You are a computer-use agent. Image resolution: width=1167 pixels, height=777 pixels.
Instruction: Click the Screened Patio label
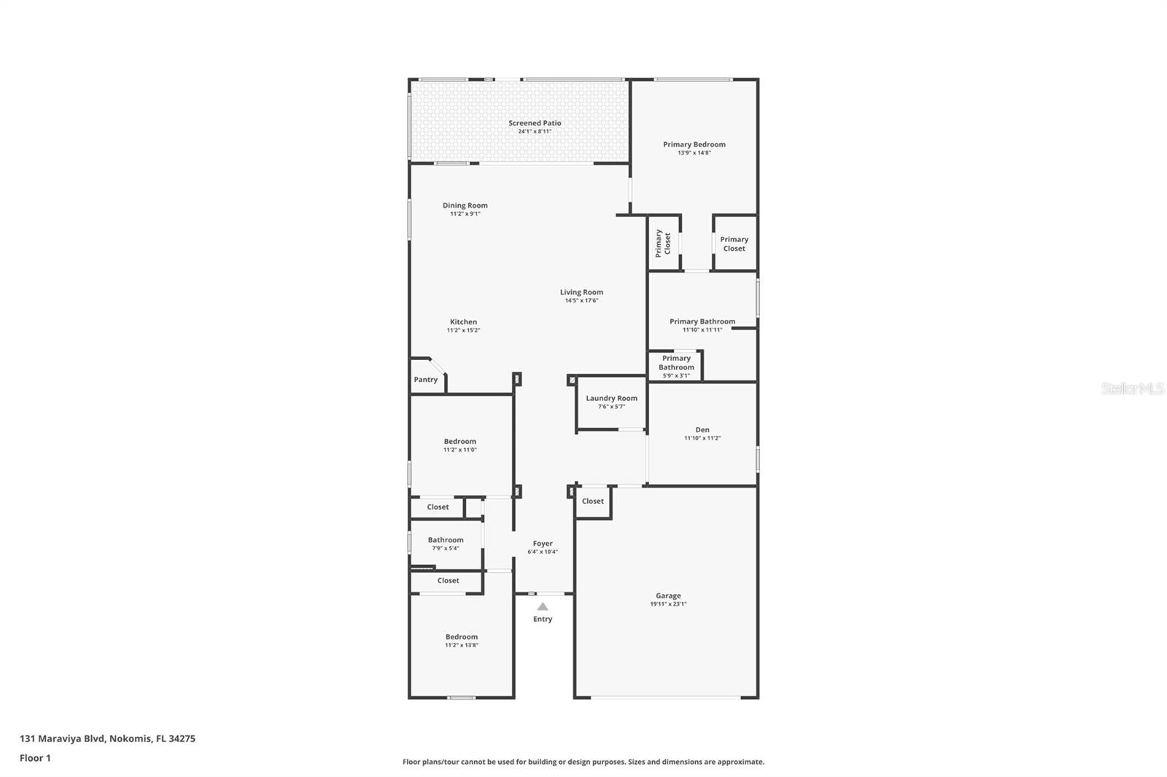pyautogui.click(x=535, y=123)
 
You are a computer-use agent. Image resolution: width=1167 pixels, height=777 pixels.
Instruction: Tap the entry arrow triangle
pyautogui.click(x=543, y=606)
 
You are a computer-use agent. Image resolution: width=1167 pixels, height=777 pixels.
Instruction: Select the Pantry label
pyautogui.click(x=426, y=380)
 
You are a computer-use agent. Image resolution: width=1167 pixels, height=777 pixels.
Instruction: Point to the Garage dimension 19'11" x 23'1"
pyautogui.click(x=668, y=604)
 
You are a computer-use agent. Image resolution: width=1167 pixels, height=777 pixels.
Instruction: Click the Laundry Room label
pyautogui.click(x=611, y=398)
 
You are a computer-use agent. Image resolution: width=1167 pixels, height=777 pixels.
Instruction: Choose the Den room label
pyautogui.click(x=702, y=430)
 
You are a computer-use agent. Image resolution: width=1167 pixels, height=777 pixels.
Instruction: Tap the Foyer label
pyautogui.click(x=543, y=544)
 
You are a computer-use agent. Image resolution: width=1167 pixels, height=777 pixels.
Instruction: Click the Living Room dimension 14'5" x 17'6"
pyautogui.click(x=581, y=300)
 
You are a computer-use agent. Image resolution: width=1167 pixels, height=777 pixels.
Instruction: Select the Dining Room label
pyautogui.click(x=465, y=206)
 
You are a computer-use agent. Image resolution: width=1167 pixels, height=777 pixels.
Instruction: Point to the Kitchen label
pyautogui.click(x=463, y=322)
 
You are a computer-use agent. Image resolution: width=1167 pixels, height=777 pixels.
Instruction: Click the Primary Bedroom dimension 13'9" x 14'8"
pyautogui.click(x=694, y=153)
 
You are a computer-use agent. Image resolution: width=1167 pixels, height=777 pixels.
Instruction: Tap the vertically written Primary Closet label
pyautogui.click(x=662, y=243)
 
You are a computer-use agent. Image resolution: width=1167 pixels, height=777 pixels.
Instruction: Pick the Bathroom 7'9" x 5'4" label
pyautogui.click(x=446, y=540)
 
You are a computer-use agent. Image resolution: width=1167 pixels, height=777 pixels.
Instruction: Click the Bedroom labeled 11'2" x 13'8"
pyautogui.click(x=462, y=637)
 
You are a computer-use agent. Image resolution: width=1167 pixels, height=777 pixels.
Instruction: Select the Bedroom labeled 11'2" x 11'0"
pyautogui.click(x=460, y=442)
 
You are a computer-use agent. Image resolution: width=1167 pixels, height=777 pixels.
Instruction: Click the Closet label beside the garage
pyautogui.click(x=592, y=501)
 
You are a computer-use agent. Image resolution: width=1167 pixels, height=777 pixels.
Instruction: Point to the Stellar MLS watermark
pyautogui.click(x=1132, y=388)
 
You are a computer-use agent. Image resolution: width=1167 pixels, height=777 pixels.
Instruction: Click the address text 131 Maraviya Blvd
pyautogui.click(x=63, y=738)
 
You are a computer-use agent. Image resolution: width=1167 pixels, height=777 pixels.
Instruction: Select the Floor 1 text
pyautogui.click(x=35, y=758)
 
